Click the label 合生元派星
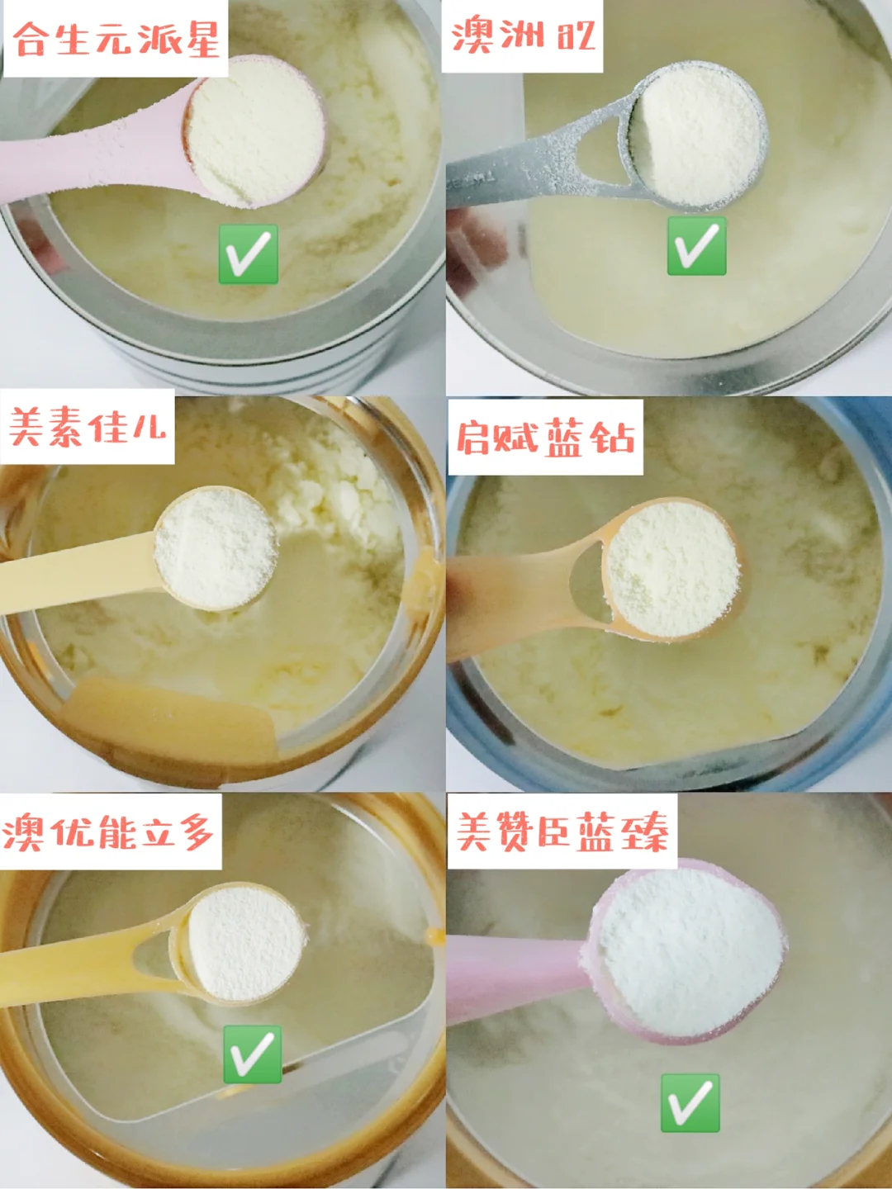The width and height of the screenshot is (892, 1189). (x=116, y=40)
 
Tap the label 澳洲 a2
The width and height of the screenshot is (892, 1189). (x=523, y=36)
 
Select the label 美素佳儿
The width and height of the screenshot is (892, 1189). (x=88, y=427)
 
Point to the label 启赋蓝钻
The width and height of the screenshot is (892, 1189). (x=545, y=437)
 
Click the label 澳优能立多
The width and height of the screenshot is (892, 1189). (x=108, y=831)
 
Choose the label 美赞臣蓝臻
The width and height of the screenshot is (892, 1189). (x=562, y=831)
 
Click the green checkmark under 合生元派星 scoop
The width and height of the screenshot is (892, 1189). (x=248, y=254)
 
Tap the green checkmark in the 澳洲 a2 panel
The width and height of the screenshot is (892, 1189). (x=696, y=246)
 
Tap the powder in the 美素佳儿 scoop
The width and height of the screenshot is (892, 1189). (x=216, y=548)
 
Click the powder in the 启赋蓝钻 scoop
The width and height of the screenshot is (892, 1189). (x=672, y=569)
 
